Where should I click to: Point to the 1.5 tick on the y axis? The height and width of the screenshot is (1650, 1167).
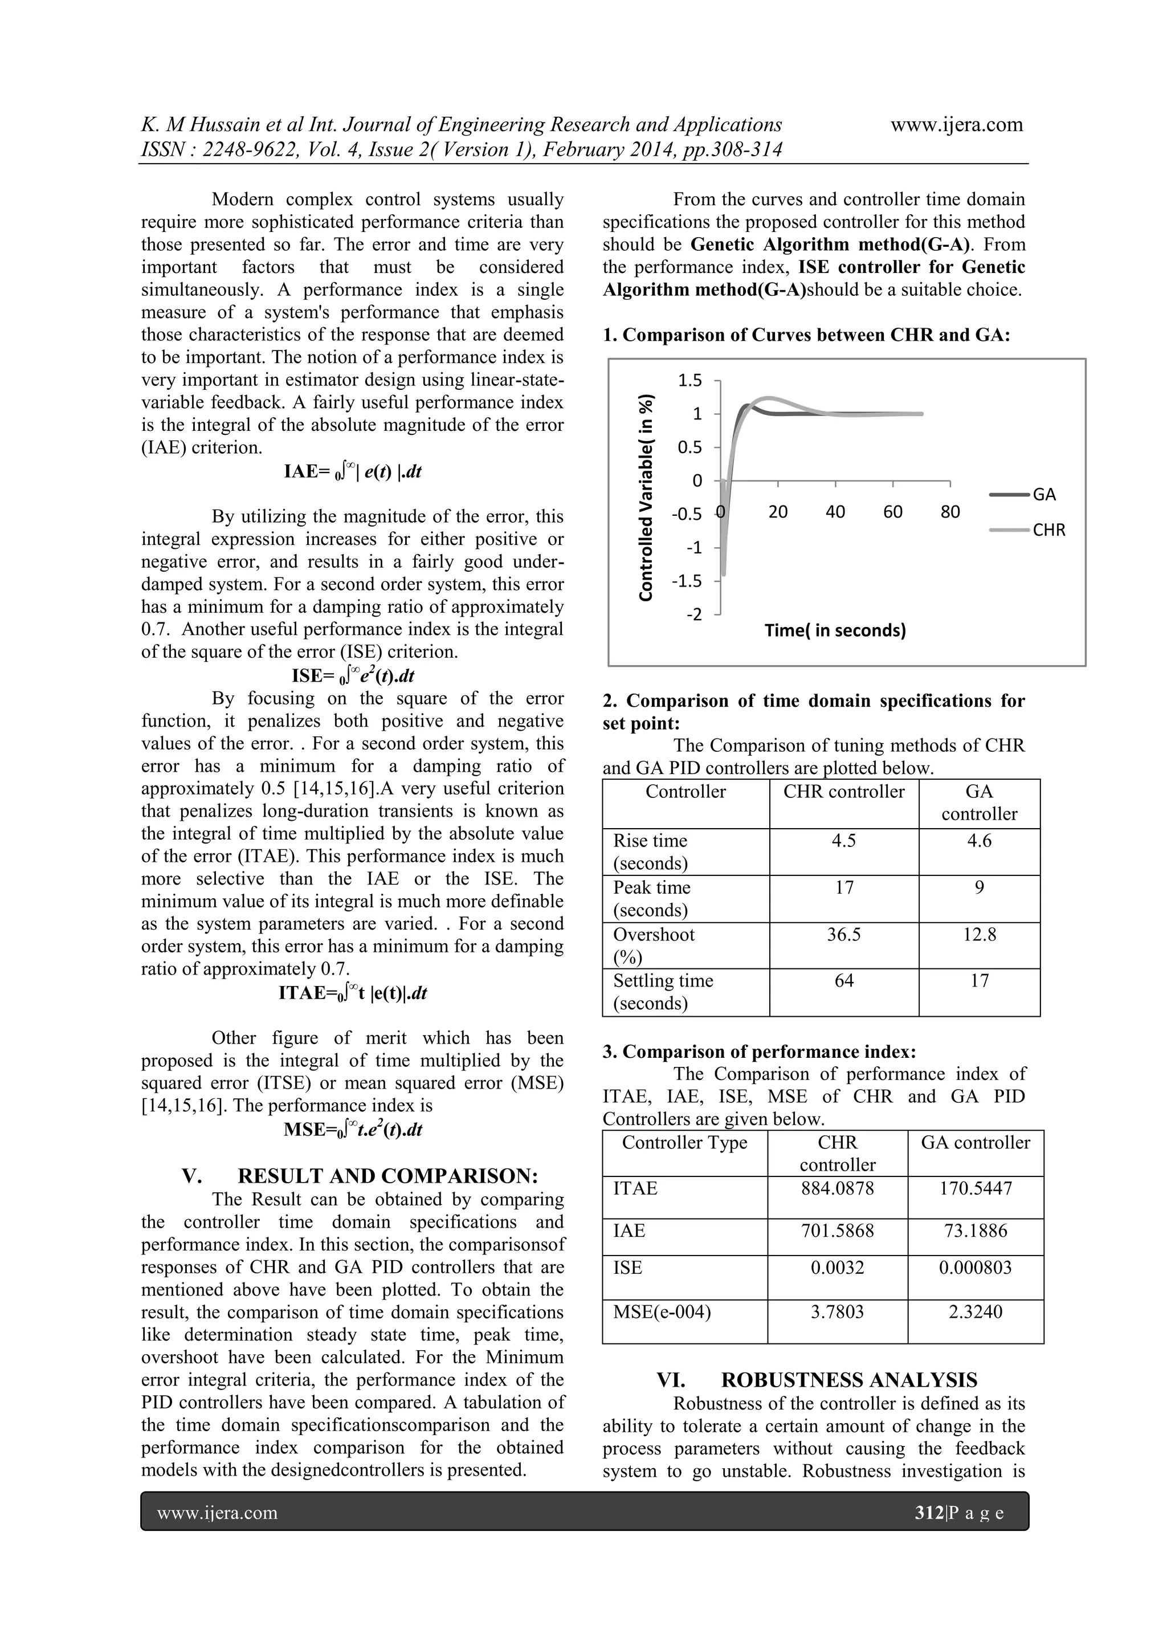click(x=690, y=380)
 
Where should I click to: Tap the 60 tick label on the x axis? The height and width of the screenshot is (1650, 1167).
click(x=892, y=512)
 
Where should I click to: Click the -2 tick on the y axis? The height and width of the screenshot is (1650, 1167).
click(x=693, y=614)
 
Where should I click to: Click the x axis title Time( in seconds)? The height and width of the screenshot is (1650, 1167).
click(x=835, y=630)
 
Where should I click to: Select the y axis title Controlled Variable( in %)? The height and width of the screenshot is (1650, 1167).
click(x=647, y=498)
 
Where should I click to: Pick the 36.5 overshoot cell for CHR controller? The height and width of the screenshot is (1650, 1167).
click(x=844, y=934)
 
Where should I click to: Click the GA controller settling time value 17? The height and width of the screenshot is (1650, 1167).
click(x=979, y=980)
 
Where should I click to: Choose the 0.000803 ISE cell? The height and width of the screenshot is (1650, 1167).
click(x=975, y=1267)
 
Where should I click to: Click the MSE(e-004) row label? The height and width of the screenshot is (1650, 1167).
click(x=661, y=1311)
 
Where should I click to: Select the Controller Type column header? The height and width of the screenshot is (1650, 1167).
click(x=684, y=1142)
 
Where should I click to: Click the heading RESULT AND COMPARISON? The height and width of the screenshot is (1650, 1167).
click(x=387, y=1176)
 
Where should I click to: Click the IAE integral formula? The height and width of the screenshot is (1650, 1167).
click(x=352, y=471)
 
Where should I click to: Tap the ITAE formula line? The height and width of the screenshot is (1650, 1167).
click(x=352, y=993)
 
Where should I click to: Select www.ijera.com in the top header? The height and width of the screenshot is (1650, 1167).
click(x=957, y=124)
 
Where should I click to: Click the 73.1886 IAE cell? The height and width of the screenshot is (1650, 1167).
click(x=975, y=1231)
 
